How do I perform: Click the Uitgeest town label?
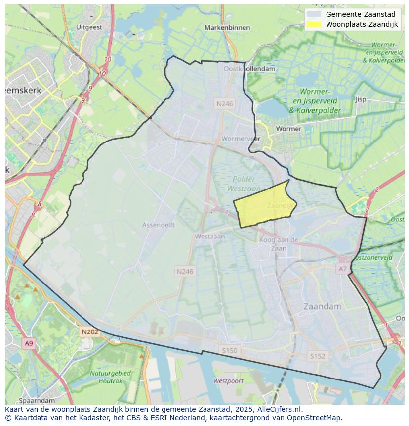click(x=89, y=28)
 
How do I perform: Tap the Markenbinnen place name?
click(x=227, y=28)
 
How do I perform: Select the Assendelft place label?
click(x=159, y=225)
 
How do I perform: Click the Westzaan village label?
click(x=209, y=237)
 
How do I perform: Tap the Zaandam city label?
click(x=323, y=306)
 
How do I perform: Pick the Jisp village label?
click(x=361, y=99)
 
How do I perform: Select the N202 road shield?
click(x=90, y=332)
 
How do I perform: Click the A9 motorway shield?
click(x=29, y=343)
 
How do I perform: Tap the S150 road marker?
click(x=229, y=350)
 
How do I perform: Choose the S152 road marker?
click(x=317, y=356)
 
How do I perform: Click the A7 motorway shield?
click(x=342, y=269)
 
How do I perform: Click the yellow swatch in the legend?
click(x=313, y=24)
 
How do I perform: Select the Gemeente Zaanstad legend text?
click(x=361, y=14)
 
